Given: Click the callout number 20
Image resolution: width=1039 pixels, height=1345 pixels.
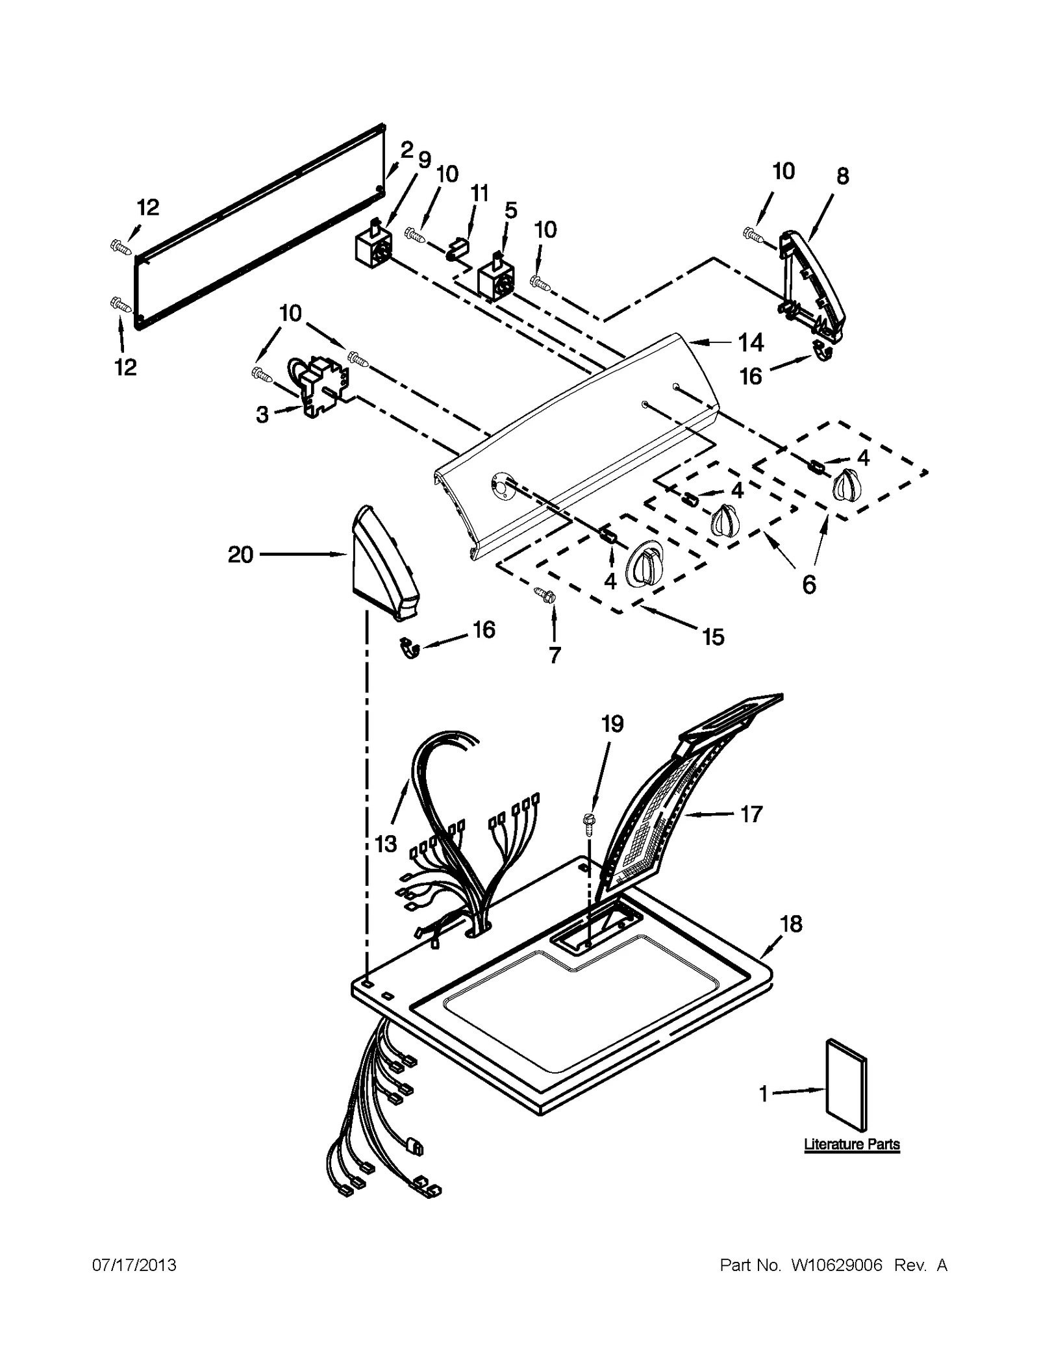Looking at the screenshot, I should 240,555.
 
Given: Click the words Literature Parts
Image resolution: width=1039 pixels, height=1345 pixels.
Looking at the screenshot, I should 851,1144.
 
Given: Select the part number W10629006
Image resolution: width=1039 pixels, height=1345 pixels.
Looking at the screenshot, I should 836,1265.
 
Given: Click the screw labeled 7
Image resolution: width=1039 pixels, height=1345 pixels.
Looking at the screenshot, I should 543,593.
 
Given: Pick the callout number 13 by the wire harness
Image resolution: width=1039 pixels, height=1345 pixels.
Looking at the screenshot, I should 386,844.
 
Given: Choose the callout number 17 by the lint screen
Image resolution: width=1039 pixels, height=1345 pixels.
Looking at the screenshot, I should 751,814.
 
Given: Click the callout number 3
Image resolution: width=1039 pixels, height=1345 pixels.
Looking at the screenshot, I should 262,415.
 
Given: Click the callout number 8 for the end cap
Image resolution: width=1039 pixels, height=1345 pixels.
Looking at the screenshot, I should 842,176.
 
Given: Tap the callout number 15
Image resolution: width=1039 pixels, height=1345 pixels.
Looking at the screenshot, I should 713,637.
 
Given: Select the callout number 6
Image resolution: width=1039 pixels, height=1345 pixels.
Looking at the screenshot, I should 808,585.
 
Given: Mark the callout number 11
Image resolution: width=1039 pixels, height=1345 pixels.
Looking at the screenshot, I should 479,193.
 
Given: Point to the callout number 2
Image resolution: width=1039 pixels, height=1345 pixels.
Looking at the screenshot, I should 407,150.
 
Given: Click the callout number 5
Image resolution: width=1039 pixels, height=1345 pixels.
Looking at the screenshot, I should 511,210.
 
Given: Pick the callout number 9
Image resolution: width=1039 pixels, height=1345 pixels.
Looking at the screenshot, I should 424,160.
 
